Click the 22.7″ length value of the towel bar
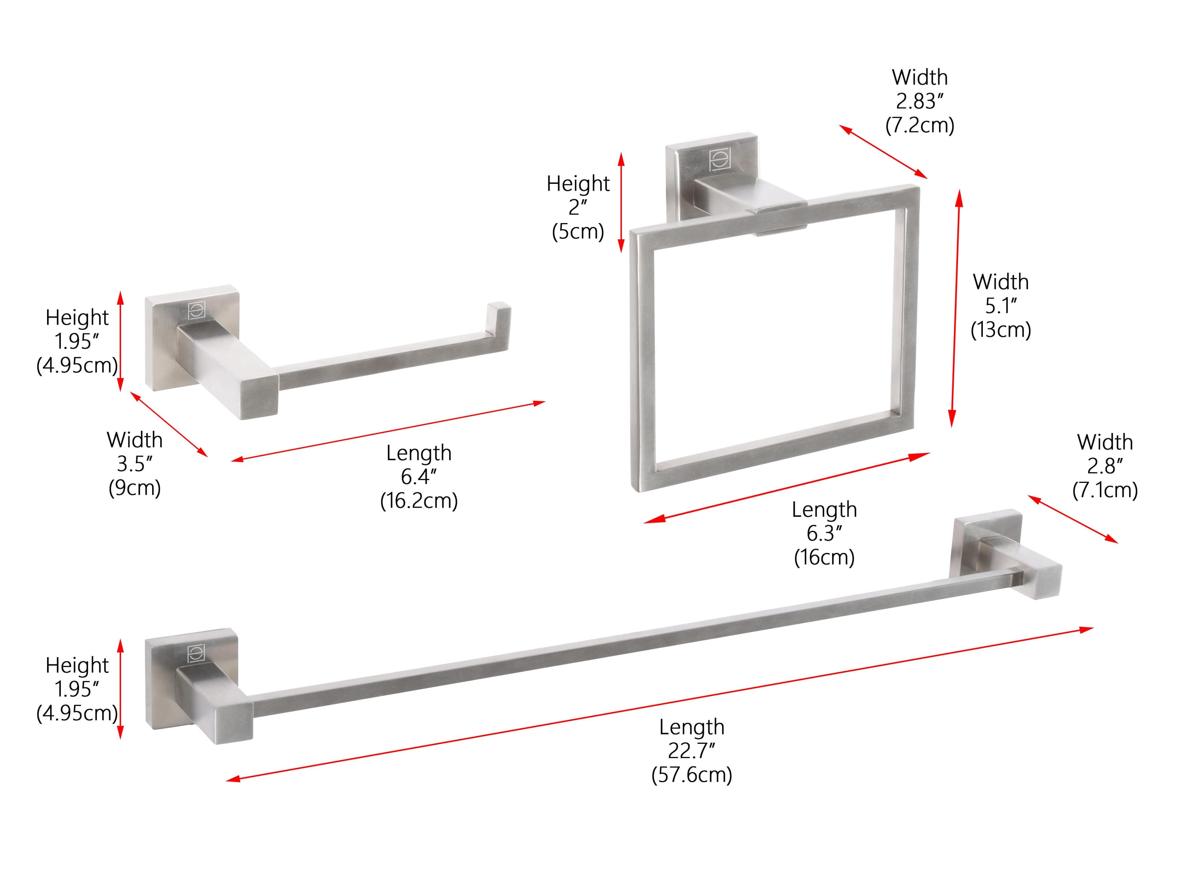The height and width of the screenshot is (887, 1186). click(691, 751)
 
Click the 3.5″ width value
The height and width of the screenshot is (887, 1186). click(134, 464)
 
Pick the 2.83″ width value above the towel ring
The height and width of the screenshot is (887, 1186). click(920, 101)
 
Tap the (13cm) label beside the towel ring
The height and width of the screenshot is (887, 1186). click(1001, 329)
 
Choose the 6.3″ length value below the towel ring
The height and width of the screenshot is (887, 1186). click(824, 533)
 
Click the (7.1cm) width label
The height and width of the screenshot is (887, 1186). click(1105, 490)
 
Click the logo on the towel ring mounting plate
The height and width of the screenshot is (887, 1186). click(718, 160)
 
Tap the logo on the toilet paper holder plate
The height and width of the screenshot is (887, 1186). click(196, 312)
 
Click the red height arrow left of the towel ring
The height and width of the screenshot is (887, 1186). click(621, 202)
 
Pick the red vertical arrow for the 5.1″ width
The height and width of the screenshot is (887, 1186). click(956, 308)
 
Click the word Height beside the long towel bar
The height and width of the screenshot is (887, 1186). click(77, 666)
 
